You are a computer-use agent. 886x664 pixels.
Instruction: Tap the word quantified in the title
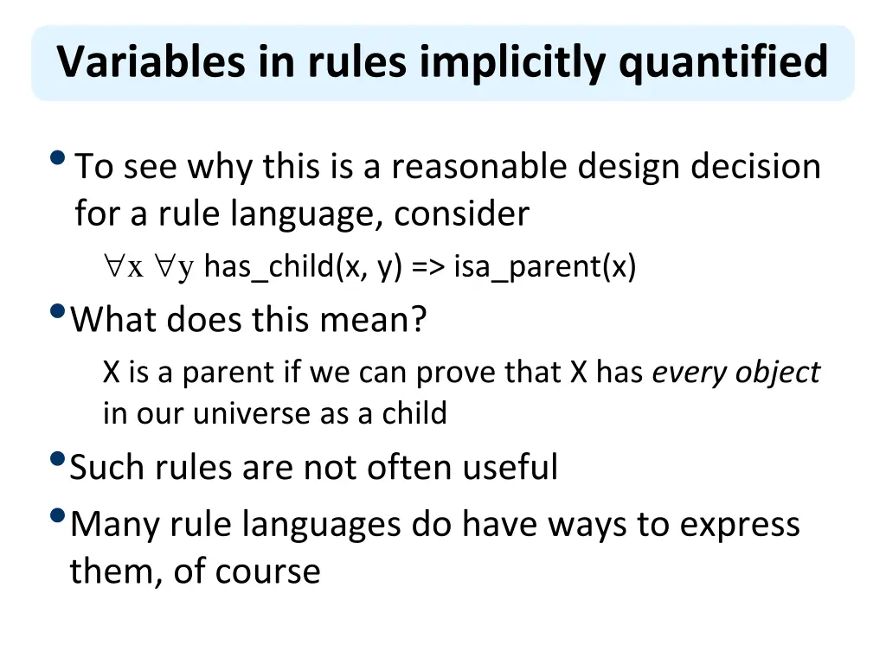[x=723, y=62]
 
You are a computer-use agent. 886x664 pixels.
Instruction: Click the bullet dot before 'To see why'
[x=58, y=158]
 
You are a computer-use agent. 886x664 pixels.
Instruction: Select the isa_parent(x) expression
[x=544, y=268]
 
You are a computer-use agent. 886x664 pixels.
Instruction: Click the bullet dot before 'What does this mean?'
[x=58, y=311]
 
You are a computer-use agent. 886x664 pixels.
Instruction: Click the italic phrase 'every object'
[x=735, y=373]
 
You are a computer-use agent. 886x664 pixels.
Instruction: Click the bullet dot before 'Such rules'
[x=58, y=458]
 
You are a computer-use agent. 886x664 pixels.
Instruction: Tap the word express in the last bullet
[x=740, y=525]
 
